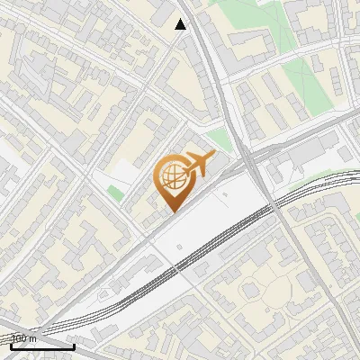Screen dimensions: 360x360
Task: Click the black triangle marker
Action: pos(181,24)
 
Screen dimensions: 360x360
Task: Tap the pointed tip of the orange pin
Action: pos(172,211)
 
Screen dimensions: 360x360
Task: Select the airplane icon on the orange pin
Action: pos(197,164)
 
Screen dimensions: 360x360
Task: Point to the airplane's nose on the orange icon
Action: pos(214,156)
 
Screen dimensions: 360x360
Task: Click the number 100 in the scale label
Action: pos(18,339)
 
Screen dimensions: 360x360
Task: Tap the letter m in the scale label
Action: pos(32,339)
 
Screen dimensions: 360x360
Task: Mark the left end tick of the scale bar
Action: pos(12,345)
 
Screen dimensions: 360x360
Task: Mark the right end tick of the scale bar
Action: pos(74,345)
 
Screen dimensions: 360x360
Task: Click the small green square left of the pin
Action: pos(115,193)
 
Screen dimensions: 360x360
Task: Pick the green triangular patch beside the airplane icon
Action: pos(219,139)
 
